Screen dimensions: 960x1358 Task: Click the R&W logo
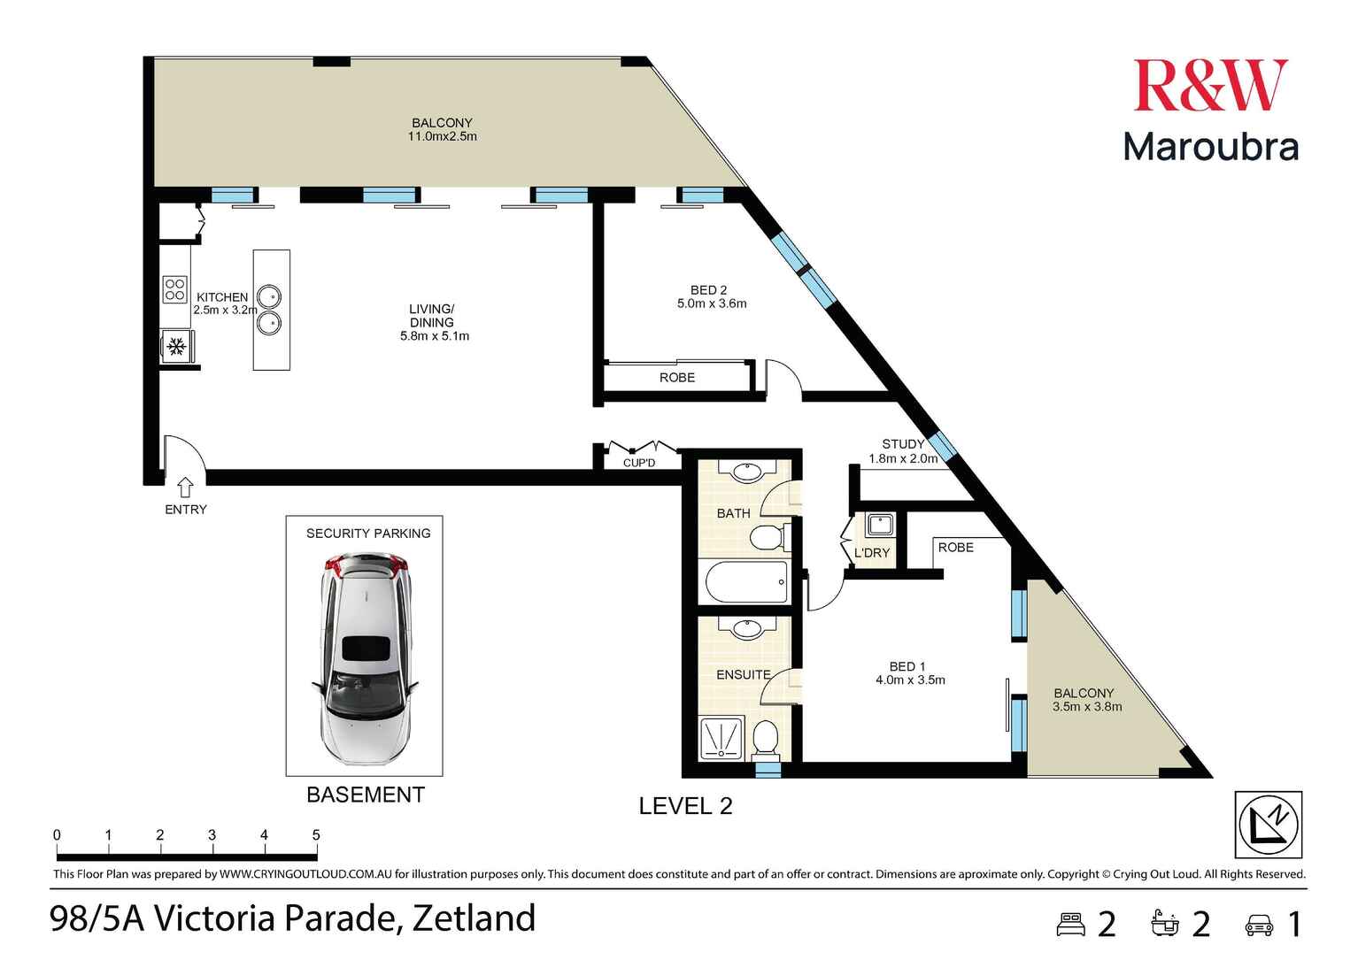pos(1209,86)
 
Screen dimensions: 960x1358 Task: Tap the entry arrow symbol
pos(186,488)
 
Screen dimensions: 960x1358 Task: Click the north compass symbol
pos(1269,825)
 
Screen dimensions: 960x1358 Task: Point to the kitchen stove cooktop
pos(174,289)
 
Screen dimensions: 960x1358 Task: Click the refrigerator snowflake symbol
pos(176,346)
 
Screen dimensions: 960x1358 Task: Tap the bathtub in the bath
pos(745,582)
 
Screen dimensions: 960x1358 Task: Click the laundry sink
pos(879,525)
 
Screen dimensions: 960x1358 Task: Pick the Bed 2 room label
pos(708,290)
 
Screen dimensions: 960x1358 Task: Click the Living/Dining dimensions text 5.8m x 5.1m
pos(434,336)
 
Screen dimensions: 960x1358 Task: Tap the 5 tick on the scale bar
pos(316,835)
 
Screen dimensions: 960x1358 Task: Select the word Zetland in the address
pos(474,918)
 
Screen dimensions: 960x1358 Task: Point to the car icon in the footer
pos(1259,925)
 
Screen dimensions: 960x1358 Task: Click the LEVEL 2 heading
pos(685,806)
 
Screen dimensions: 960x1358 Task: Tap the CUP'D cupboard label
pos(638,463)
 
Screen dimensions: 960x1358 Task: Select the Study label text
pos(903,444)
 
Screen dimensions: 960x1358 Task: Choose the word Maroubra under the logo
pos(1210,147)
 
